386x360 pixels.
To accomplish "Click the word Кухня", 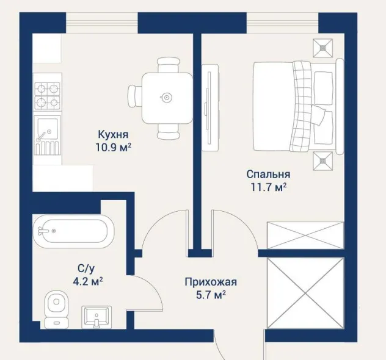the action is coord(113,134).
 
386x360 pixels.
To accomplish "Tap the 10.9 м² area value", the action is coord(113,148).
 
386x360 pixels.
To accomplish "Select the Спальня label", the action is coord(268,174).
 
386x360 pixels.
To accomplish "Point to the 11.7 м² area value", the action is coord(269,187).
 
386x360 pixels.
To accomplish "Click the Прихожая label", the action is coord(211,282).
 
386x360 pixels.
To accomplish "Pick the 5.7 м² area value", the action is coord(211,295).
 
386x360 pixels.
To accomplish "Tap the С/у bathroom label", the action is coord(86,269).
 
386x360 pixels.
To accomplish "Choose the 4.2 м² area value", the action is coord(88,281).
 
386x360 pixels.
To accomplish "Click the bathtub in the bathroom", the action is coord(74,231).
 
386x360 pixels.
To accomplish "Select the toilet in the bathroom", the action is coord(56,309).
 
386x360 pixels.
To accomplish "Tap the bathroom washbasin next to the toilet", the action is coord(96,317).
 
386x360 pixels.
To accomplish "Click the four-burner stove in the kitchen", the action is coord(47,96).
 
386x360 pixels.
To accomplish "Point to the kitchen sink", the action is coord(47,135).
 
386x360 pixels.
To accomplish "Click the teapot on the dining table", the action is coord(166,98).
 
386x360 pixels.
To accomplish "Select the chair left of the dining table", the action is coord(135,96).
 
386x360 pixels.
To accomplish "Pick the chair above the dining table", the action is coord(169,65).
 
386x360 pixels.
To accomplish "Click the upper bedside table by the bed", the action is coord(322,48).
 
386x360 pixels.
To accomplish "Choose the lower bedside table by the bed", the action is coord(322,161).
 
